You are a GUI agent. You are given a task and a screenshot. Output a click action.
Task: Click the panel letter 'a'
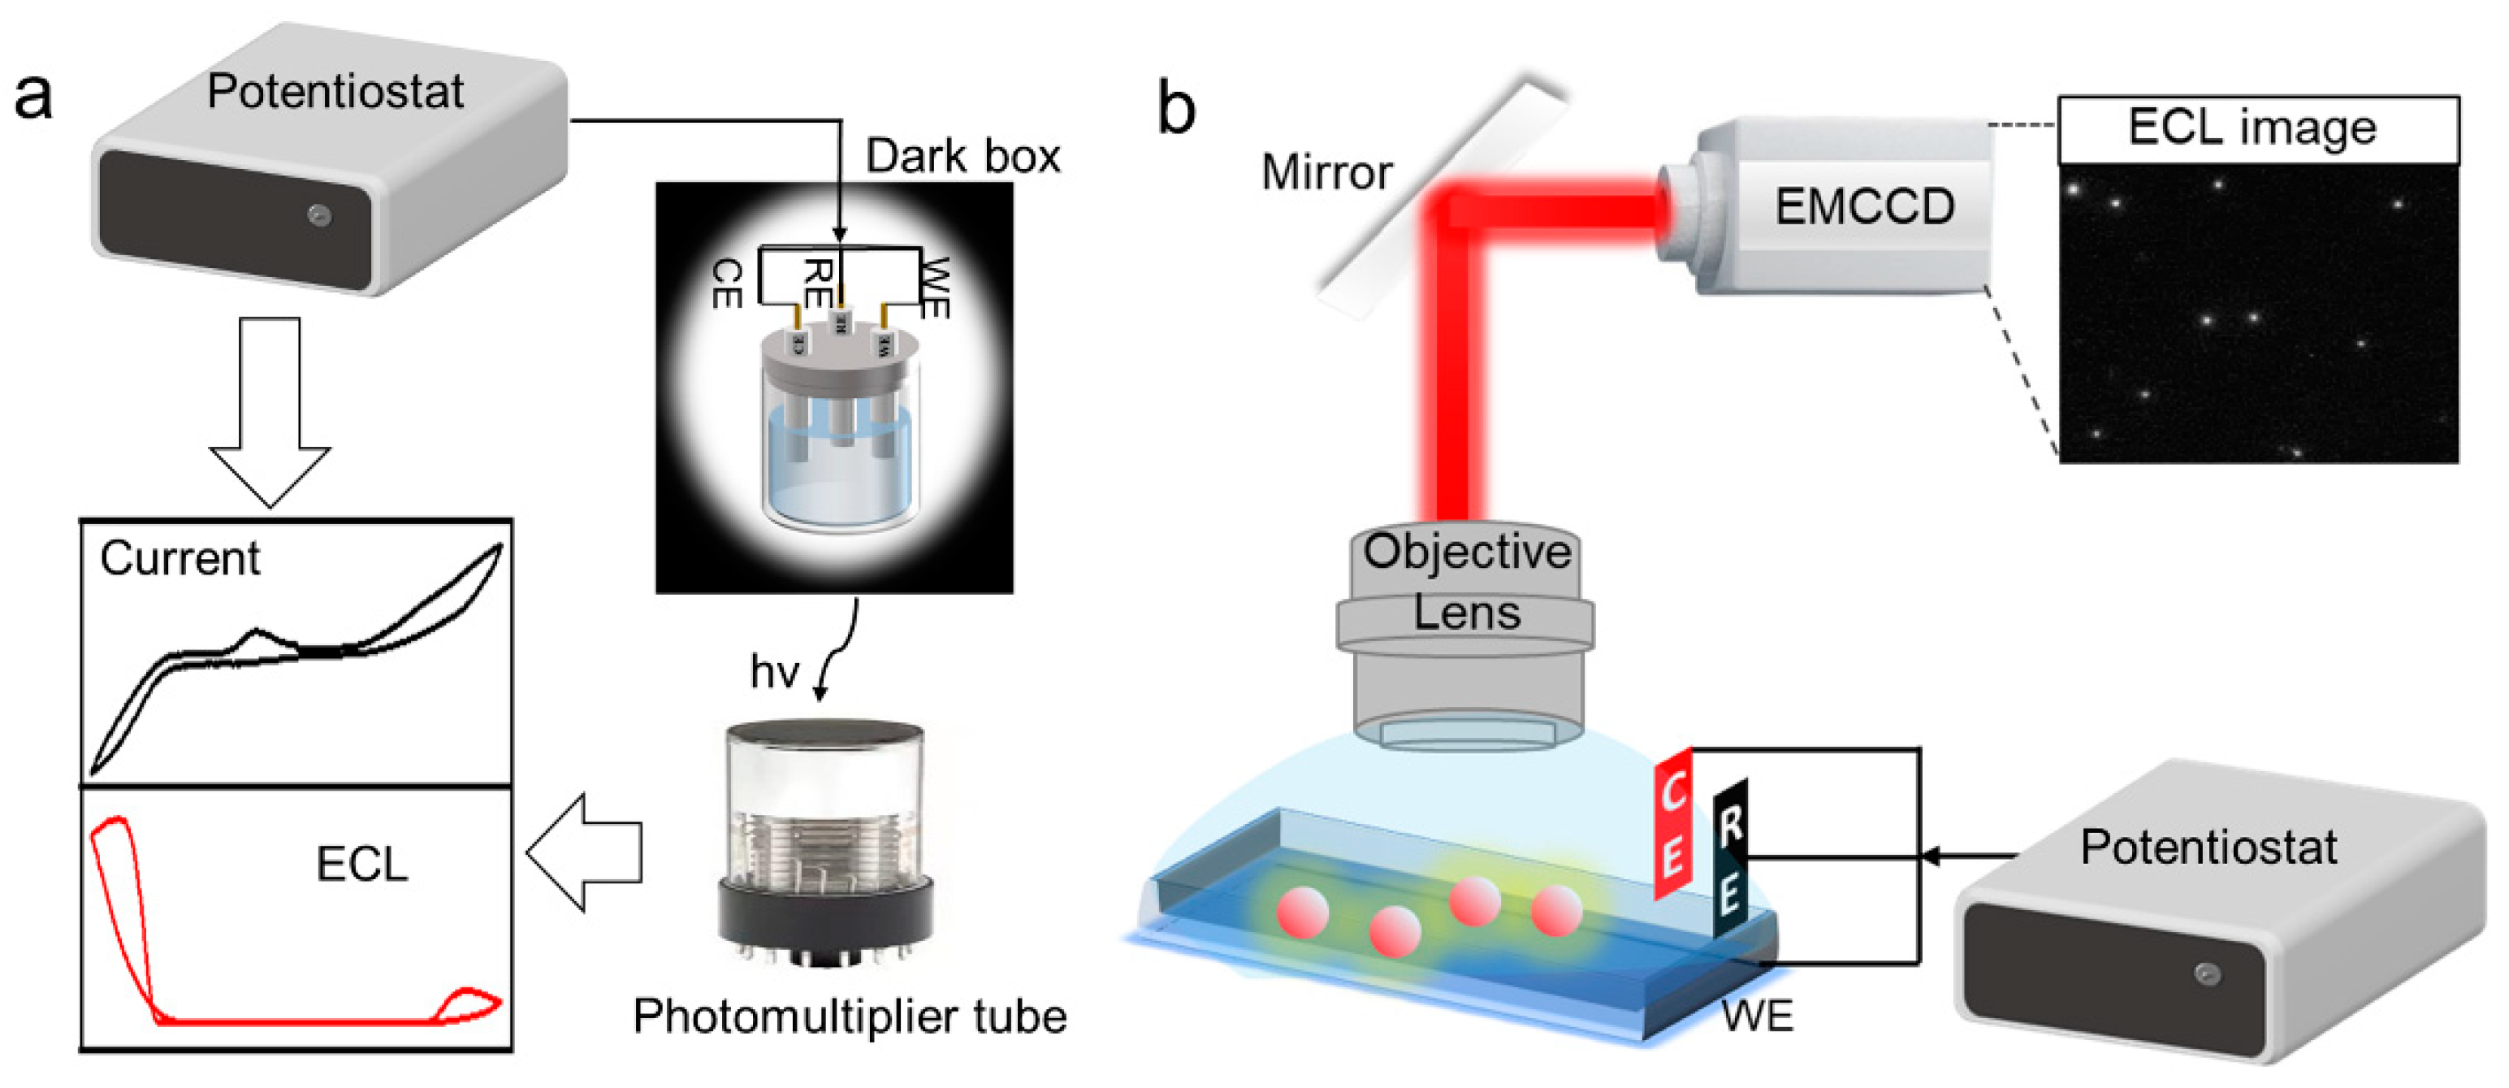(33, 98)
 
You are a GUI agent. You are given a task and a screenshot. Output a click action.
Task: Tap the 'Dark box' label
(963, 156)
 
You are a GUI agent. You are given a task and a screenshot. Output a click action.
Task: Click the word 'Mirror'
(1326, 172)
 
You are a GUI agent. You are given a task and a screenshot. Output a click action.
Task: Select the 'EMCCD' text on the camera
(1864, 206)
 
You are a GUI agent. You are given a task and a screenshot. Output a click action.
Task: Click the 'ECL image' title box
(2258, 129)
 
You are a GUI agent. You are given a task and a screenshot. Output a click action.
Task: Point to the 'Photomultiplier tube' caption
(850, 1016)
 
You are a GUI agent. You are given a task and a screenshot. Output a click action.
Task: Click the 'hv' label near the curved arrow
(774, 672)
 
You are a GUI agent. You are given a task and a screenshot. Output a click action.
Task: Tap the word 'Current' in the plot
(180, 559)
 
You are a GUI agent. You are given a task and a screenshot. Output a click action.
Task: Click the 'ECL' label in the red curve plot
(361, 864)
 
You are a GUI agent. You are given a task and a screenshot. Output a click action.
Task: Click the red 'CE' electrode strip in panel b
(1673, 823)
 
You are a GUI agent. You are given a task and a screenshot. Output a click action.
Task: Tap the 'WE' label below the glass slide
(1757, 1016)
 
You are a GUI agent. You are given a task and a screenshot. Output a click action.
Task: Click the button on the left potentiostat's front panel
(319, 215)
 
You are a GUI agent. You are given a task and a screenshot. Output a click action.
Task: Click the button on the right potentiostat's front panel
(2207, 973)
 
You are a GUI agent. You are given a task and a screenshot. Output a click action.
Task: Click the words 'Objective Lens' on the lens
(1466, 583)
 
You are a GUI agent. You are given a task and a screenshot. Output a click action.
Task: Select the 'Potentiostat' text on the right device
(2208, 847)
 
